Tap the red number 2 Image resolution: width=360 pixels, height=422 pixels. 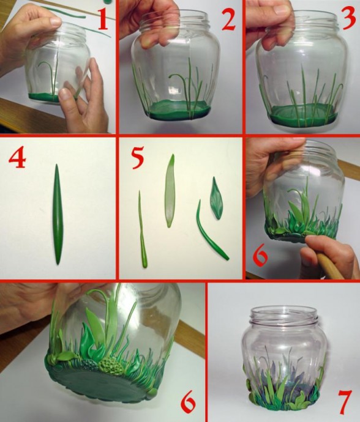pos(228,20)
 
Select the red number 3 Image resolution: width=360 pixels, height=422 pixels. pos(350,20)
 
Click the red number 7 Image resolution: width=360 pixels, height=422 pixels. pos(345,402)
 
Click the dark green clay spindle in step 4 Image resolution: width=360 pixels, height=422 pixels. pos(58,214)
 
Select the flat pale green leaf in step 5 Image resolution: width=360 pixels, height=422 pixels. pos(170,191)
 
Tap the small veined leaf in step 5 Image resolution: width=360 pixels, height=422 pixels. pos(216,198)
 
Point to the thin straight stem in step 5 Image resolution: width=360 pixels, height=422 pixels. pos(143,229)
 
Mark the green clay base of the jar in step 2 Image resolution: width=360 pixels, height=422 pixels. pos(178,110)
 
